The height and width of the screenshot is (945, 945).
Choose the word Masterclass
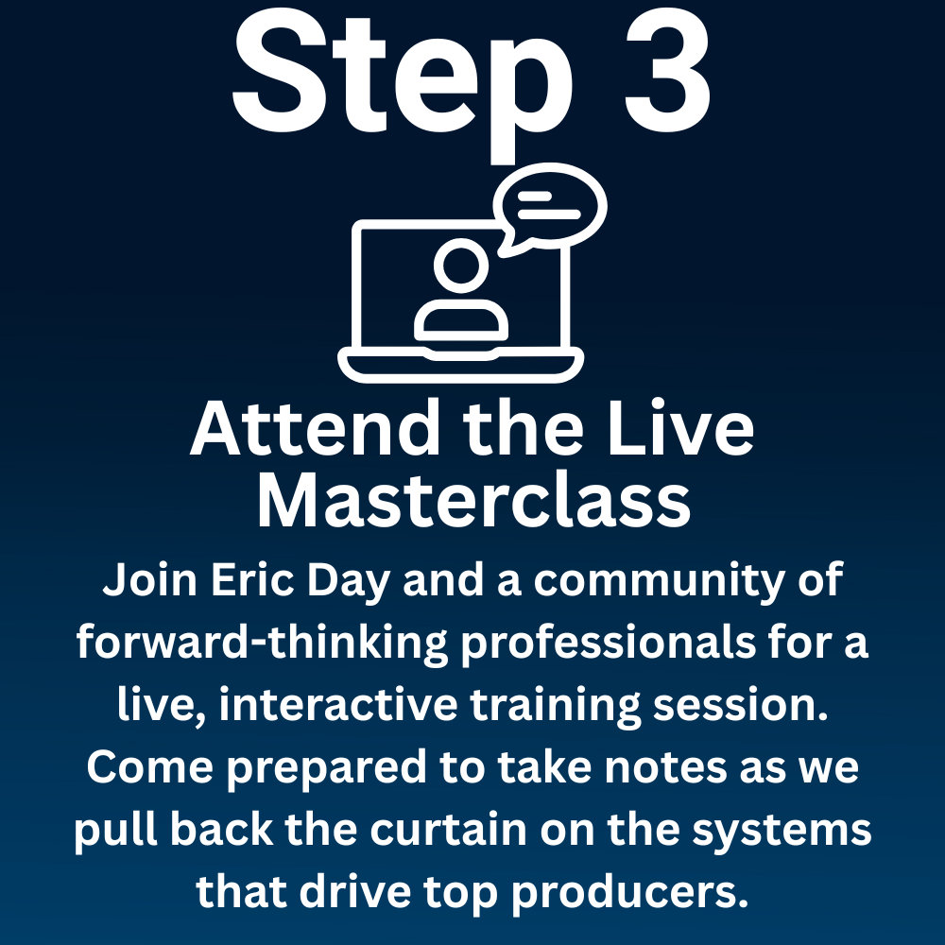(473, 500)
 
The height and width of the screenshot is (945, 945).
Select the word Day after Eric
(349, 582)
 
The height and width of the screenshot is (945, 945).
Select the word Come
(150, 767)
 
